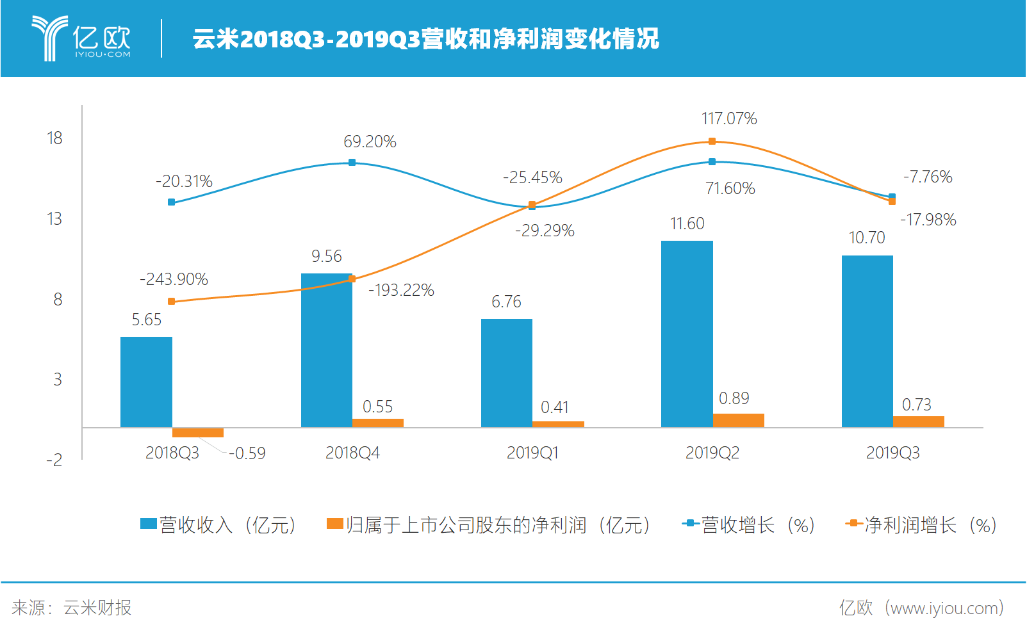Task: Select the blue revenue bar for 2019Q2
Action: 687,334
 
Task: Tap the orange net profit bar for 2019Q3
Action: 918,421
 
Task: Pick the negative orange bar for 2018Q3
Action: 198,433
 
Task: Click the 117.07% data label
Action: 729,118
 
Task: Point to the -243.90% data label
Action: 174,279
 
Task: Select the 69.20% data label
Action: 370,142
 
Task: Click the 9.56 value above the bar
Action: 327,256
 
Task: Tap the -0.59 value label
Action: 247,453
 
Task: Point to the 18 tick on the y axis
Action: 54,138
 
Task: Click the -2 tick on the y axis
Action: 54,460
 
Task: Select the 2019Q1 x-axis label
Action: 532,453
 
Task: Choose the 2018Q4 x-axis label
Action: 352,453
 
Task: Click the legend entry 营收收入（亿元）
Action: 218,525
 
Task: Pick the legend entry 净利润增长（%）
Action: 921,525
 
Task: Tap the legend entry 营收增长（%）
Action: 749,525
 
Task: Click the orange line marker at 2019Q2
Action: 712,142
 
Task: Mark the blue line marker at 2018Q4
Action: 352,163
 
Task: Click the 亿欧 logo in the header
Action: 82,38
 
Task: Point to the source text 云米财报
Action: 97,608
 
